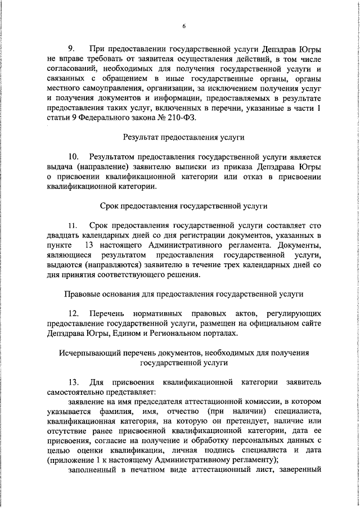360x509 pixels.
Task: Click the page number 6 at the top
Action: (183, 25)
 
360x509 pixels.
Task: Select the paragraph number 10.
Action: (73, 157)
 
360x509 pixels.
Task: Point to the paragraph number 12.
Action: (73, 312)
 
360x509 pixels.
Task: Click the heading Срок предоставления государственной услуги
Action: (183, 206)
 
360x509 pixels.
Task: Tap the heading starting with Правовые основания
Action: (183, 293)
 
